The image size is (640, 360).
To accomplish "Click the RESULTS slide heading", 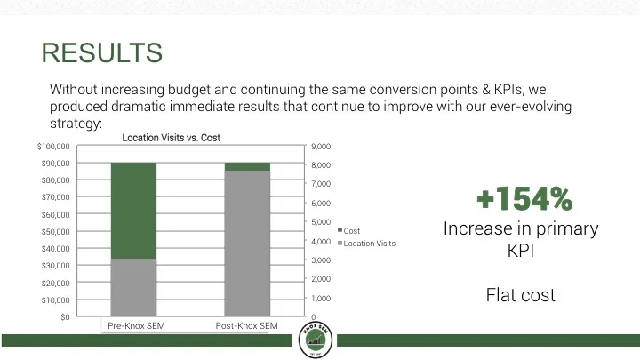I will click(x=102, y=53).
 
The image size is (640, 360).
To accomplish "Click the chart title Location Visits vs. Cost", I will click(x=171, y=138).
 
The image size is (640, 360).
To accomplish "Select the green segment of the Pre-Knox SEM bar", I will click(x=133, y=211).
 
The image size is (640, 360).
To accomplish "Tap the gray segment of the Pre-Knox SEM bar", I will click(x=133, y=287).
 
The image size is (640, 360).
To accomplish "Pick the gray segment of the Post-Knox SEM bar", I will click(x=247, y=243).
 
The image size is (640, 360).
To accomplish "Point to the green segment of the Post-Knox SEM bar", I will click(x=247, y=166).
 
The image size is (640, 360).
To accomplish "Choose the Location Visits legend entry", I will click(x=368, y=243).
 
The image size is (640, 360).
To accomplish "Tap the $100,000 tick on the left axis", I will click(x=53, y=146).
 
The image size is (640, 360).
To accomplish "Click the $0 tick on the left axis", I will click(x=65, y=316).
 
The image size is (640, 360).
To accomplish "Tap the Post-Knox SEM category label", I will click(x=247, y=326).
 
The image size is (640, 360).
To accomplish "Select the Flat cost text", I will click(x=520, y=294).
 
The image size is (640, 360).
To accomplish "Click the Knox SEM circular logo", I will click(x=319, y=340).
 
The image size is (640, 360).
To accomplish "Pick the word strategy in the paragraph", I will click(x=75, y=123).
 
